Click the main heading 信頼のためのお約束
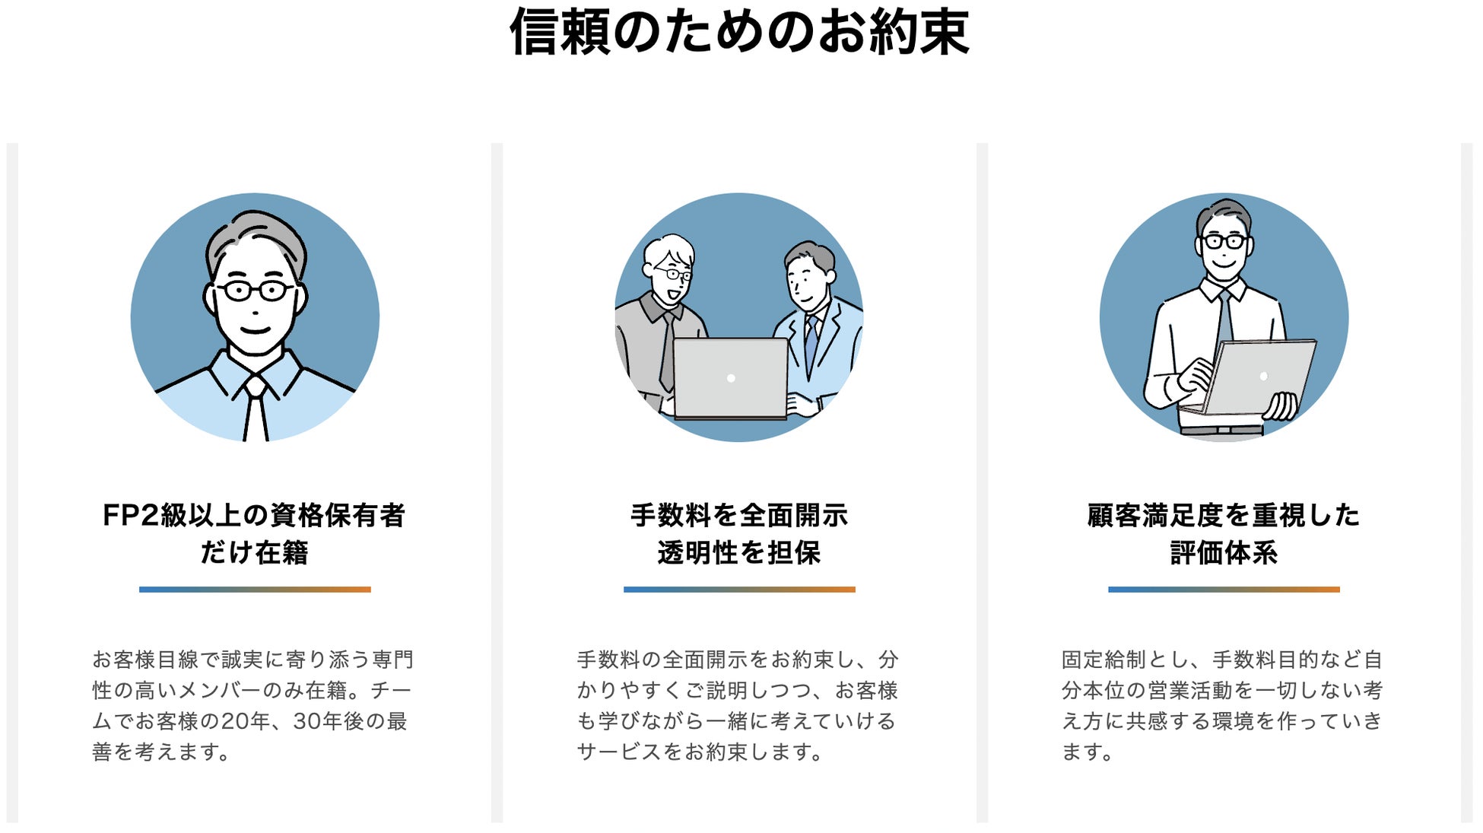click(739, 32)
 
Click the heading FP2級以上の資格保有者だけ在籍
click(254, 533)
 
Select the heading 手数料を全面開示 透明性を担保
click(739, 533)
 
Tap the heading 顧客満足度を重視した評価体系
click(1223, 533)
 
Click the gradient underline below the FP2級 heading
click(255, 590)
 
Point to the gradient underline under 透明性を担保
click(739, 590)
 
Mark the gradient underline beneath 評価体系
click(1224, 590)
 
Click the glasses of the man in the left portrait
click(255, 290)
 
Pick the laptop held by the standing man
click(1259, 377)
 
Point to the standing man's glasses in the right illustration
click(1224, 242)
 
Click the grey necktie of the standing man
click(1224, 320)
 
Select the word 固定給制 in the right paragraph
click(1104, 660)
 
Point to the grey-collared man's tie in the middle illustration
click(667, 350)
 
